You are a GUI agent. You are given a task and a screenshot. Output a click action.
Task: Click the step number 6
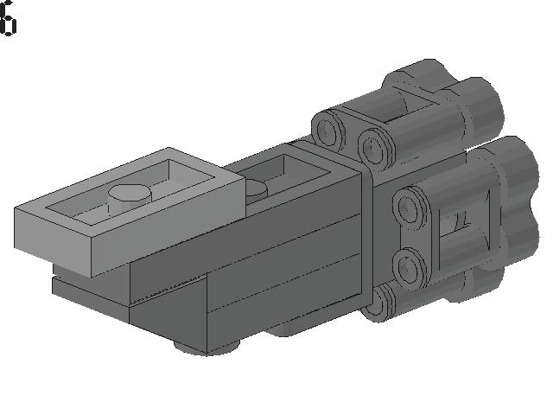click(x=8, y=18)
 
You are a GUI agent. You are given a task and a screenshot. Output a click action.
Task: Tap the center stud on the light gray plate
click(x=130, y=198)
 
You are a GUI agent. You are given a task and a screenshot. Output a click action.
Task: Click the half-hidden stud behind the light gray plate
click(x=256, y=190)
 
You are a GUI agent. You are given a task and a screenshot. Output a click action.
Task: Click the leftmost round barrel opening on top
click(x=327, y=129)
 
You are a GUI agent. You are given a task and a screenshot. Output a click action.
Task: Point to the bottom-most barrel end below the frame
click(x=378, y=303)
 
